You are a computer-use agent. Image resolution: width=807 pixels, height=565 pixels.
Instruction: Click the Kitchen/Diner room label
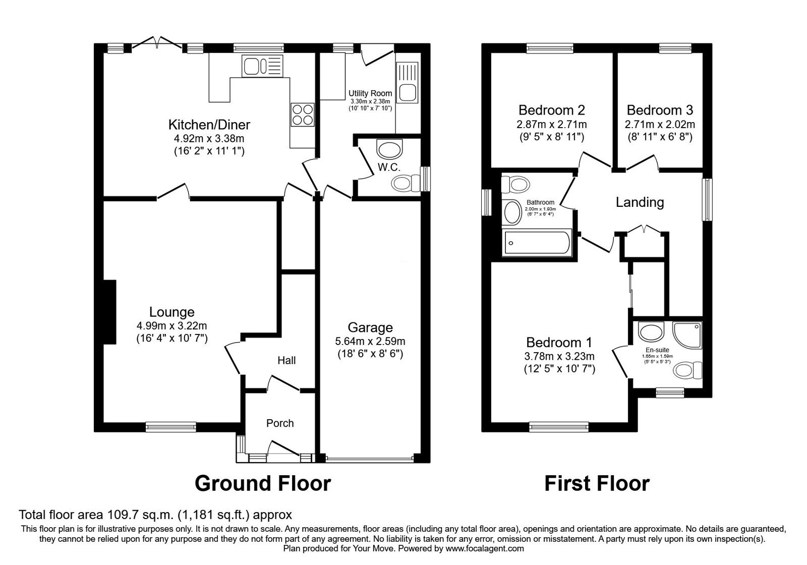(x=209, y=125)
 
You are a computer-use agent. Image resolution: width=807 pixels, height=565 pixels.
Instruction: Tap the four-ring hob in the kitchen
(x=302, y=114)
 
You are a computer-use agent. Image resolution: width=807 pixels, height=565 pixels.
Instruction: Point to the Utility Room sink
(x=407, y=92)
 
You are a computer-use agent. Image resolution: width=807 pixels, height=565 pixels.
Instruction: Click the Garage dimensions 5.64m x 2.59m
(x=370, y=342)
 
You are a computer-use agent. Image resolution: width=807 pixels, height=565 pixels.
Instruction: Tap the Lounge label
(x=171, y=312)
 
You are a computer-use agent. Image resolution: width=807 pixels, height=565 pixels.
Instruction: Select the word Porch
(x=280, y=423)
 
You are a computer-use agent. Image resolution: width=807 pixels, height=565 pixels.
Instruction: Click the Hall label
(x=286, y=360)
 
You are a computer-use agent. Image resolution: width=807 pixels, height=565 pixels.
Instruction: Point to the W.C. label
(x=389, y=167)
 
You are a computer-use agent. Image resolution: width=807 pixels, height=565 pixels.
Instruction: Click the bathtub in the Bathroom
(x=538, y=243)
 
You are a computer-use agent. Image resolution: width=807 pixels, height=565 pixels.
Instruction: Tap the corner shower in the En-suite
(x=687, y=334)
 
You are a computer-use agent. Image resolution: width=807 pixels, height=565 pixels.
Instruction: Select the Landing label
(x=640, y=202)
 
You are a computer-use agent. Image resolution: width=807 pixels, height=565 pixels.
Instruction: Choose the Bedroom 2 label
(x=552, y=110)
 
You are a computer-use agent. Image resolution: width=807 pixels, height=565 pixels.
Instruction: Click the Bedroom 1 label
(x=559, y=343)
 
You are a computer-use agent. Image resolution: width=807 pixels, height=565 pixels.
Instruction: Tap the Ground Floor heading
(x=262, y=483)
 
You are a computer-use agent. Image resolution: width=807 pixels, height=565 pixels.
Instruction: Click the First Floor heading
(x=597, y=483)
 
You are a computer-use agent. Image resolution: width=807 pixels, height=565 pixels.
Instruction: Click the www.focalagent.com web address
(x=485, y=548)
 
